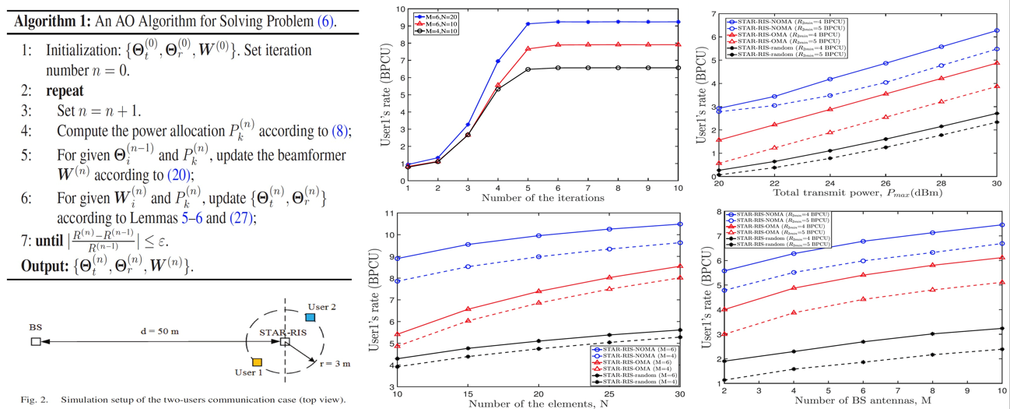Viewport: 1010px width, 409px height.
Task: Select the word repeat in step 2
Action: click(65, 90)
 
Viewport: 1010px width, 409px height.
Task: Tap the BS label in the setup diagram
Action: click(35, 328)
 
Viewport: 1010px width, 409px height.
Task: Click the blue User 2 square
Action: click(310, 317)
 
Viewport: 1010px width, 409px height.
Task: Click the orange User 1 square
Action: click(257, 361)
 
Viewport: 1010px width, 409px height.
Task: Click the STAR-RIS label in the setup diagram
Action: click(282, 333)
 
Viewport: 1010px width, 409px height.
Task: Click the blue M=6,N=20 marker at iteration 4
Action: click(498, 61)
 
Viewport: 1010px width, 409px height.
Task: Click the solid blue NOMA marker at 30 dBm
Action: click(996, 30)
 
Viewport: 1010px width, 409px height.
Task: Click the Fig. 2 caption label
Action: click(33, 400)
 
